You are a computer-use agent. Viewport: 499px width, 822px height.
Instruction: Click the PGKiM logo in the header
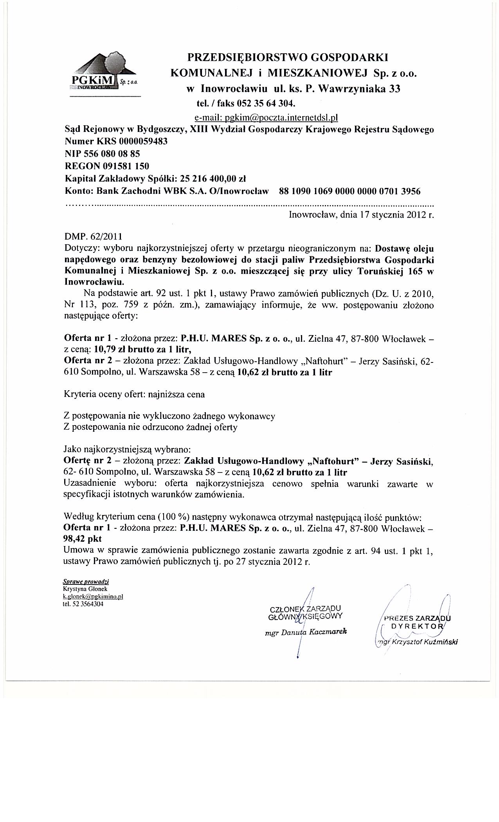click(104, 75)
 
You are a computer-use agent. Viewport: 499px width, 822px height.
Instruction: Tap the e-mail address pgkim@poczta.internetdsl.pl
click(266, 117)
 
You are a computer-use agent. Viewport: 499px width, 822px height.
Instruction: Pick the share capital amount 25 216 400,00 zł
click(212, 179)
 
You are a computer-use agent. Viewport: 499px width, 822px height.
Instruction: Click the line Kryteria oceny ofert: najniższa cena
click(134, 394)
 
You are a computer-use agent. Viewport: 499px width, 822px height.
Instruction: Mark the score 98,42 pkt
click(83, 539)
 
